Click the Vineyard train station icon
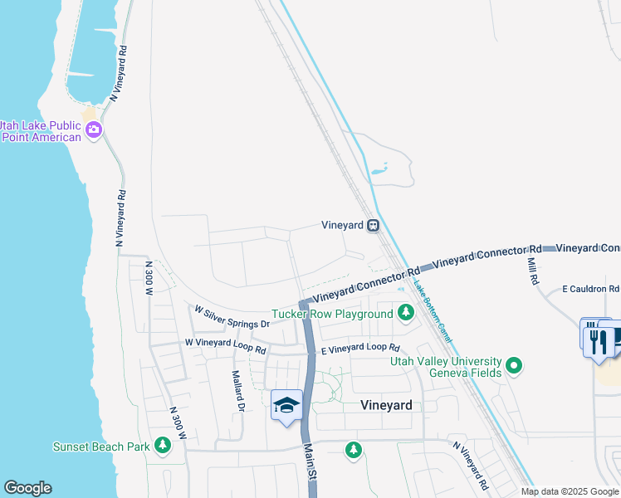click(374, 225)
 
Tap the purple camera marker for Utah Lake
click(94, 129)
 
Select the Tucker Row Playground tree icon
click(406, 313)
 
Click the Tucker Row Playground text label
click(332, 315)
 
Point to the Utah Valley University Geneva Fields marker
click(514, 365)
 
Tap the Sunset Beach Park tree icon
click(163, 446)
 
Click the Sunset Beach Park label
click(100, 447)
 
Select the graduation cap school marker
click(286, 406)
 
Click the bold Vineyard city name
click(386, 405)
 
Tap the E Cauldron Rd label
click(590, 289)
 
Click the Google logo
click(27, 488)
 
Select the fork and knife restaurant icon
click(599, 339)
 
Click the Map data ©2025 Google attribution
click(570, 491)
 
